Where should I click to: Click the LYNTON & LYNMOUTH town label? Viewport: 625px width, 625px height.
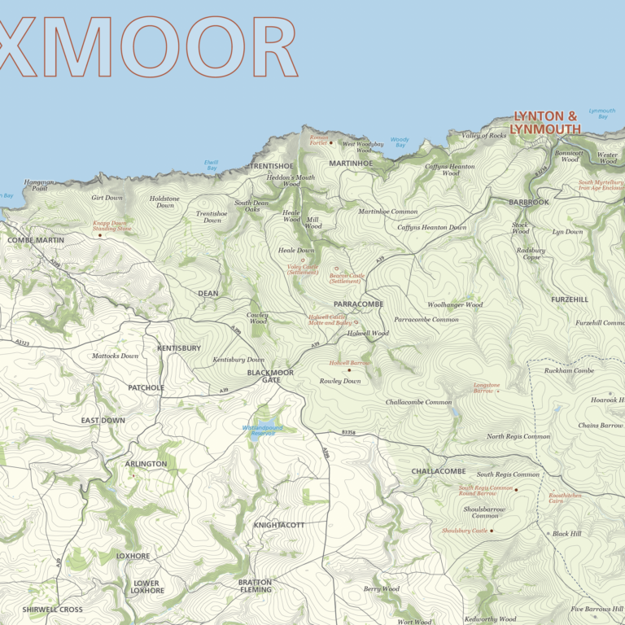pos(545,123)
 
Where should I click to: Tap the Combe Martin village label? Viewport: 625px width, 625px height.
pos(35,240)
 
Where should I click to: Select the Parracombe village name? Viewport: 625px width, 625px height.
pos(358,304)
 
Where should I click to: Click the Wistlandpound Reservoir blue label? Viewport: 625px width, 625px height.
pos(262,431)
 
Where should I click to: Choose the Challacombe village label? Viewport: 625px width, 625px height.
pos(438,471)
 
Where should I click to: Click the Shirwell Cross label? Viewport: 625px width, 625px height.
pos(52,610)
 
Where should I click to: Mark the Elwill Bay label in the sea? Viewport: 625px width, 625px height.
pos(212,164)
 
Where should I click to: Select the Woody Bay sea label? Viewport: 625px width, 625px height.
pos(400,142)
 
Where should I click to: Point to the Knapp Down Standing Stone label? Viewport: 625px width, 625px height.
pos(111,225)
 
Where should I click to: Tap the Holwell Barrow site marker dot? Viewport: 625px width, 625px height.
pos(350,370)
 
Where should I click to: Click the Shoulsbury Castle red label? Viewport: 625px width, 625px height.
pos(464,531)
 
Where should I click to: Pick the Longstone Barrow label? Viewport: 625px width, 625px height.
pos(487,387)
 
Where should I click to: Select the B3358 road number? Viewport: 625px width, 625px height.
pos(349,433)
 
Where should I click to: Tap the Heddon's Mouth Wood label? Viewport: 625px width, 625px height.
pos(291,181)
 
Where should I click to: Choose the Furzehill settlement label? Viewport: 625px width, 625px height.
pos(569,299)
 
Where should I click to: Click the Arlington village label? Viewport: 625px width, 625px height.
pos(146,464)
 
